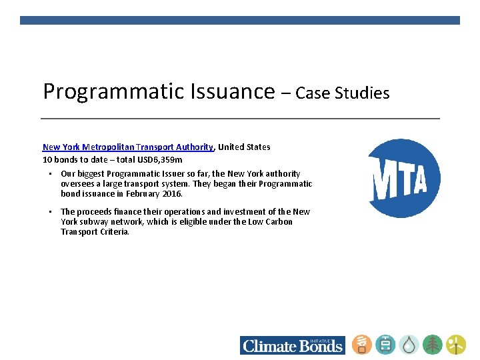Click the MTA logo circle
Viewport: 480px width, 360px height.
[405, 178]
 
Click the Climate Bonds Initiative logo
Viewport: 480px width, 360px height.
[293, 345]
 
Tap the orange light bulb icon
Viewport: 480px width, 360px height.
[362, 345]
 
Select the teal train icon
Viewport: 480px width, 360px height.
[385, 345]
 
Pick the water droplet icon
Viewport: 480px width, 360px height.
[409, 345]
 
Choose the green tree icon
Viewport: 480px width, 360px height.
[433, 345]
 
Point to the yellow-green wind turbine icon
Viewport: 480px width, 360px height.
[456, 345]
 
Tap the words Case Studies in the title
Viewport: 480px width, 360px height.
[342, 93]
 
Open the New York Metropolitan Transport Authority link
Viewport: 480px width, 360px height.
[128, 147]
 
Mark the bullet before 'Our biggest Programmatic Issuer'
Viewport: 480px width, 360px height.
[50, 173]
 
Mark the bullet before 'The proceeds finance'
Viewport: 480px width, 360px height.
[50, 212]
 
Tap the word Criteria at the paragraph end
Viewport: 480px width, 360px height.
[113, 232]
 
